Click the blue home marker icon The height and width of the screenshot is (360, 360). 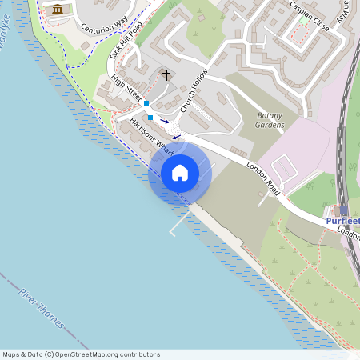(180, 173)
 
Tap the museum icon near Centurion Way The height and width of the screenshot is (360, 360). (58, 9)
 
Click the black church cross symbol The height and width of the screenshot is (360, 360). (166, 75)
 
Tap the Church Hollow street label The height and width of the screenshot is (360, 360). (194, 94)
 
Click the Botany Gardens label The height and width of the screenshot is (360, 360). (270, 119)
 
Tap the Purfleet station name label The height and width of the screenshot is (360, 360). (342, 220)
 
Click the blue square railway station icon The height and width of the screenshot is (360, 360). (344, 210)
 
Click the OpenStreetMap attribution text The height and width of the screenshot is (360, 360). (81, 354)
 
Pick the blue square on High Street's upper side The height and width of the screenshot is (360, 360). (146, 103)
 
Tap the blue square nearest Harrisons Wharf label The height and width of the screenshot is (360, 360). (150, 118)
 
